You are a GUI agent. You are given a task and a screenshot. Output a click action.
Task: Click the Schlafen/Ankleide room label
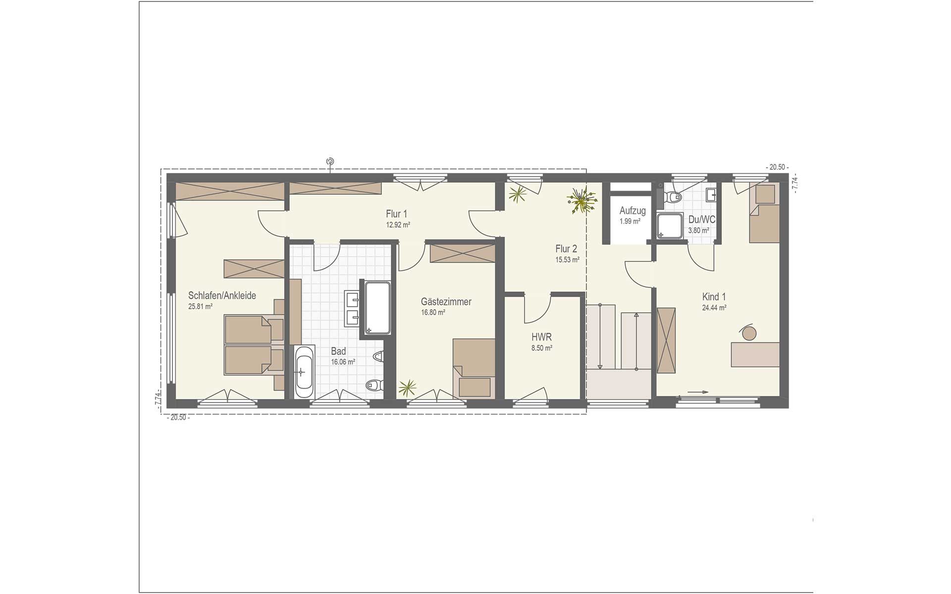coord(222,296)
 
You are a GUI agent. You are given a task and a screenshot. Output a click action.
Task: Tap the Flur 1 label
coord(396,214)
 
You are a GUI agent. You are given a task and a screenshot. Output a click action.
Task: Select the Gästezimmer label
coord(446,301)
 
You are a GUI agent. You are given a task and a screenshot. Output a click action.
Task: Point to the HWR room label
coord(541,337)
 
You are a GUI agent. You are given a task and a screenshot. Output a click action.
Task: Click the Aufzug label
coord(633,211)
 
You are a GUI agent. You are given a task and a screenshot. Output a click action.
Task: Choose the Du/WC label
coord(701,219)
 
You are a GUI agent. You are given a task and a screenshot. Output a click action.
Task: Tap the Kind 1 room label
coord(714,297)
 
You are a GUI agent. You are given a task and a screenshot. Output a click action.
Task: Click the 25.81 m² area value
coord(200,306)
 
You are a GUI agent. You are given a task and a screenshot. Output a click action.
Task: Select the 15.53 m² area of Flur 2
coord(567,259)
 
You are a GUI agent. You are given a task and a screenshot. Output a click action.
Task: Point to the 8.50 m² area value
coord(541,348)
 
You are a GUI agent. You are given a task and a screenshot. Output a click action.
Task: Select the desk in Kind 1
coord(755,354)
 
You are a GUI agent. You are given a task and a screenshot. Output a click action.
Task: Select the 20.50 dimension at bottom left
coord(178,417)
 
